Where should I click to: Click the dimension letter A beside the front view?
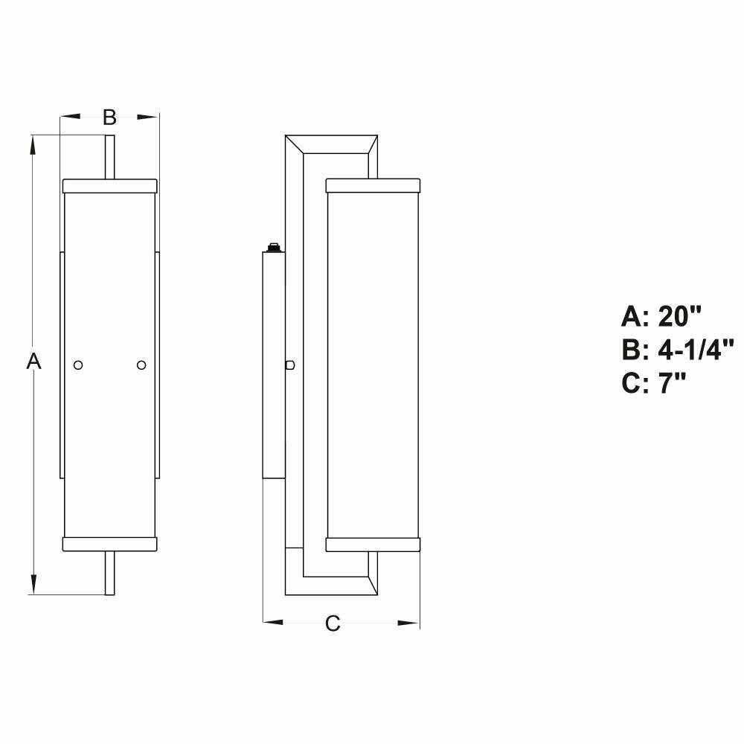pyautogui.click(x=33, y=361)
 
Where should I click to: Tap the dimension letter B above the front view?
pyautogui.click(x=109, y=117)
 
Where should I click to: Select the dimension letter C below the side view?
pyautogui.click(x=333, y=623)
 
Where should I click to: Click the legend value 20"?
pyautogui.click(x=679, y=316)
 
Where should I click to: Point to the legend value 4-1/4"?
pyautogui.click(x=696, y=350)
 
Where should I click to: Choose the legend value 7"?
pyautogui.click(x=672, y=383)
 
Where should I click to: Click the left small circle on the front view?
pyautogui.click(x=78, y=365)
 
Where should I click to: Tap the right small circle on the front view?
pyautogui.click(x=141, y=365)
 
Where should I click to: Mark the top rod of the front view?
pyautogui.click(x=109, y=157)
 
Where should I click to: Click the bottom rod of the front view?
pyautogui.click(x=109, y=573)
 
